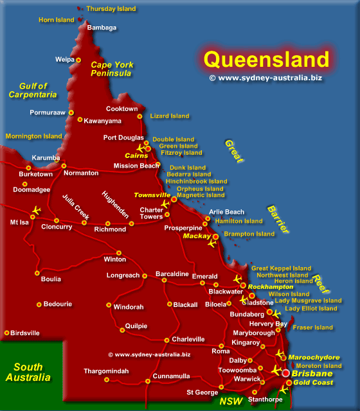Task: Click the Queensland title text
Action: [266, 60]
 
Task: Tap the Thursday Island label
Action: [111, 9]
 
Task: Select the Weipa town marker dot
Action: [78, 60]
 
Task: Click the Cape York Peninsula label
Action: [111, 69]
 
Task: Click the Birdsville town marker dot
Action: [7, 333]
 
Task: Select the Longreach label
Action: [123, 275]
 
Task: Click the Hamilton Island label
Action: [239, 222]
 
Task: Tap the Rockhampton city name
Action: [271, 287]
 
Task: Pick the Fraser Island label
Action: [312, 328]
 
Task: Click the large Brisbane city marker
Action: [285, 373]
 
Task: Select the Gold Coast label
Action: [314, 383]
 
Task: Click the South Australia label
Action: [28, 372]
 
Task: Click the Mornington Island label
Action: [34, 136]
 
